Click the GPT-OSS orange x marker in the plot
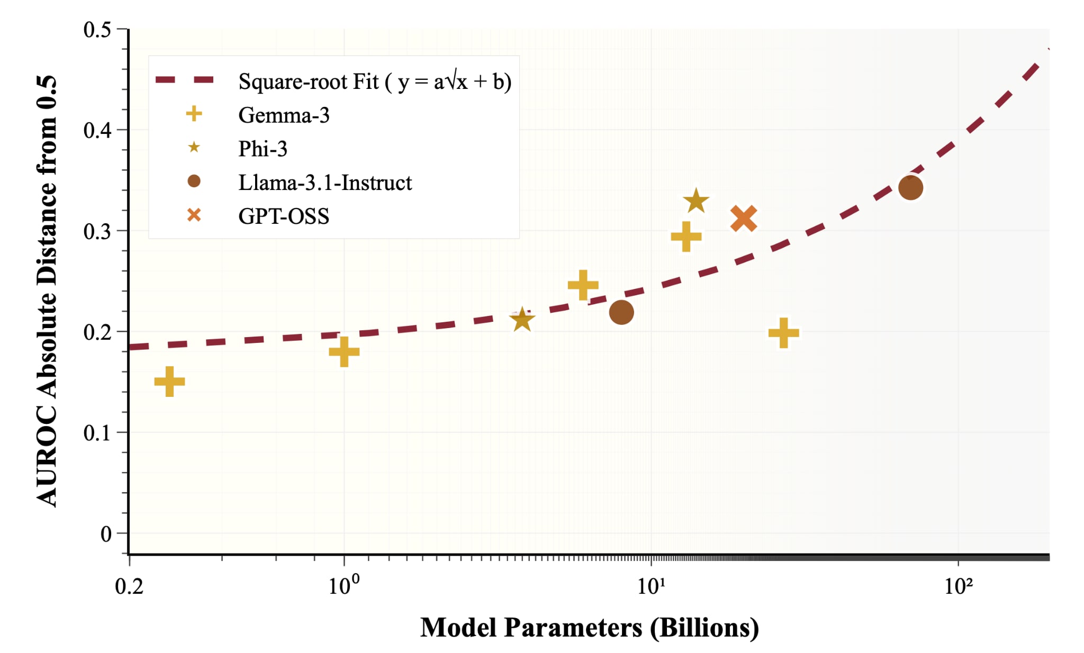click(x=743, y=219)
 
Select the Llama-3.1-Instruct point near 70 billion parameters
click(x=910, y=188)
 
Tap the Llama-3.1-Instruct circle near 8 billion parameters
click(x=621, y=312)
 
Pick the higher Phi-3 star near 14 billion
click(x=695, y=201)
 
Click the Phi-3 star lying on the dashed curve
click(x=522, y=320)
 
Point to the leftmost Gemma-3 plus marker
click(x=169, y=382)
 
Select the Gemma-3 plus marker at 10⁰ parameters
click(x=344, y=351)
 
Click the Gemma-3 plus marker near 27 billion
click(x=783, y=333)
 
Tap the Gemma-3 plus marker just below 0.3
click(x=686, y=237)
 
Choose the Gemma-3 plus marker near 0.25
click(x=583, y=285)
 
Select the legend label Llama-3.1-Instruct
click(x=325, y=183)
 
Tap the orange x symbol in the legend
click(x=194, y=215)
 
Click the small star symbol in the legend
click(x=194, y=148)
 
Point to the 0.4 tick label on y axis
click(x=97, y=130)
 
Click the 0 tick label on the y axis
click(x=106, y=534)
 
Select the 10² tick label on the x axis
click(x=958, y=585)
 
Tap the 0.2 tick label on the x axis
click(x=129, y=586)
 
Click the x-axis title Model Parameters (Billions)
click(x=589, y=628)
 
